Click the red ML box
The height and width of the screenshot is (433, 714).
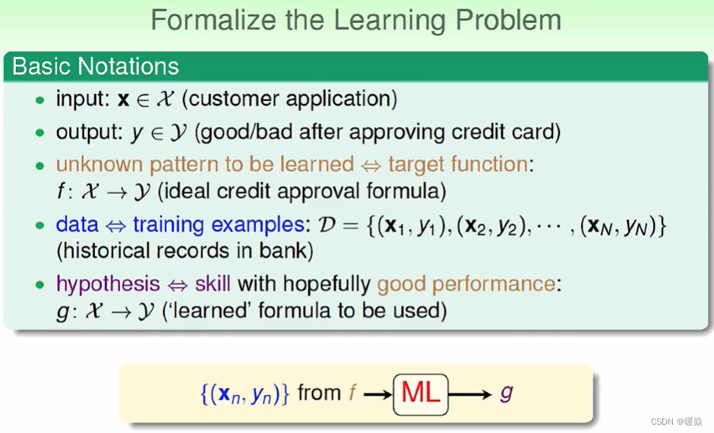tap(421, 394)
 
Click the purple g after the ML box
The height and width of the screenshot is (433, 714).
tap(507, 393)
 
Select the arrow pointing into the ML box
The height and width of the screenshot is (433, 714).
tap(378, 394)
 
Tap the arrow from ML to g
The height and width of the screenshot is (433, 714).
tap(470, 394)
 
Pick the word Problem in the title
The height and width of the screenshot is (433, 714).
tap(508, 21)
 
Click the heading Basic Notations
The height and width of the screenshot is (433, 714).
tap(96, 67)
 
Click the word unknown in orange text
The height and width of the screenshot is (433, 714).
tap(100, 164)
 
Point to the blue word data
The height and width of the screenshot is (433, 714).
tap(77, 225)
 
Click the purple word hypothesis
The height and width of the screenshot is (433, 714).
tap(108, 284)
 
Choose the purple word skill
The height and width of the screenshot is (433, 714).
tap(213, 284)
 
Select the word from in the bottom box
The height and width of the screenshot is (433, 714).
tap(319, 393)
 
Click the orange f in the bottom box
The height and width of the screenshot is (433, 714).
tap(352, 393)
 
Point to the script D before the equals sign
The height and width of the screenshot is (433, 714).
tap(327, 225)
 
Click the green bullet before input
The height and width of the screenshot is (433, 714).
tap(40, 100)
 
